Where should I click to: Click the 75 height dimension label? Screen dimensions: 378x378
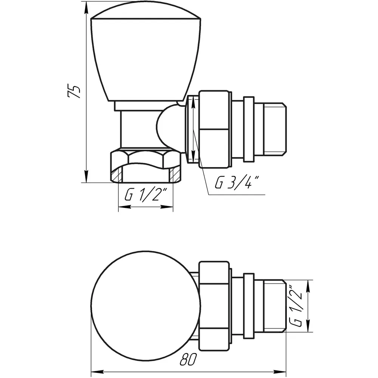[x=74, y=91]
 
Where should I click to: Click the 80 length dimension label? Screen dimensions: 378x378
[x=188, y=360]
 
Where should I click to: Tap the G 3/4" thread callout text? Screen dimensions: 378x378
[x=237, y=182]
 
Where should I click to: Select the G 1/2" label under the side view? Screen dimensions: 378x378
[x=146, y=195]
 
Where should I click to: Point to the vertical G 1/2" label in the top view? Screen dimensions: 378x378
[x=296, y=306]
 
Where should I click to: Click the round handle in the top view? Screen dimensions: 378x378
[x=146, y=306]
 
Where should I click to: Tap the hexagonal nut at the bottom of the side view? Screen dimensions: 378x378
[x=146, y=166]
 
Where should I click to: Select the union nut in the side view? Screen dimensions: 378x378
[x=214, y=129]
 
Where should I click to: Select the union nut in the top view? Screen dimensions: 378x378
[x=214, y=306]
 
